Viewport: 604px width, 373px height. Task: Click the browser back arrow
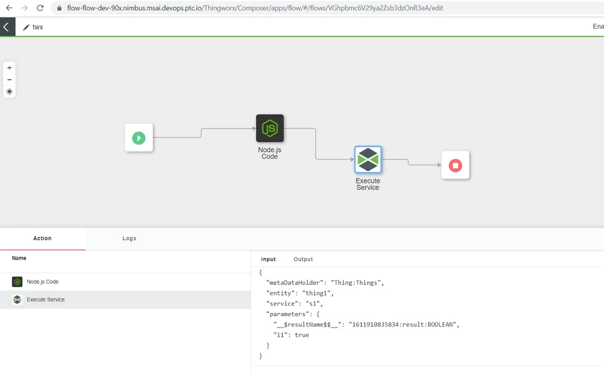(x=9, y=8)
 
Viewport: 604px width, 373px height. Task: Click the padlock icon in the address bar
(x=59, y=8)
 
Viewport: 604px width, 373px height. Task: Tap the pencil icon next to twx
(x=26, y=27)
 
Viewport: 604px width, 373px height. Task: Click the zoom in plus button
(x=9, y=68)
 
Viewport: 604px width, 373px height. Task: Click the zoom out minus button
(x=9, y=79)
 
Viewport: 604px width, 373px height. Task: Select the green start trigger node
(x=138, y=138)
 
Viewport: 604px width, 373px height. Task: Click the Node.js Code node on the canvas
(x=270, y=128)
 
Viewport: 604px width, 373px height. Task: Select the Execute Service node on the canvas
(x=368, y=160)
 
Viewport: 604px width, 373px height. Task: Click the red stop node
(x=455, y=165)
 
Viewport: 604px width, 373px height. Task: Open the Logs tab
(x=129, y=239)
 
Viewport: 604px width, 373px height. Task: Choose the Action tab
(x=42, y=239)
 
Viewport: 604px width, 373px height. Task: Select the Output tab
(x=303, y=259)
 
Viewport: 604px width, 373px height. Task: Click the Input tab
(x=268, y=259)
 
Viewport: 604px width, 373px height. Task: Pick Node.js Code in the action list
(x=42, y=282)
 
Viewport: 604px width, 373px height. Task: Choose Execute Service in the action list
(x=45, y=300)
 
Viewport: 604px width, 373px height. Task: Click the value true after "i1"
(x=302, y=335)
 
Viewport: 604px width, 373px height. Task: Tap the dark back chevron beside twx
(x=7, y=27)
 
